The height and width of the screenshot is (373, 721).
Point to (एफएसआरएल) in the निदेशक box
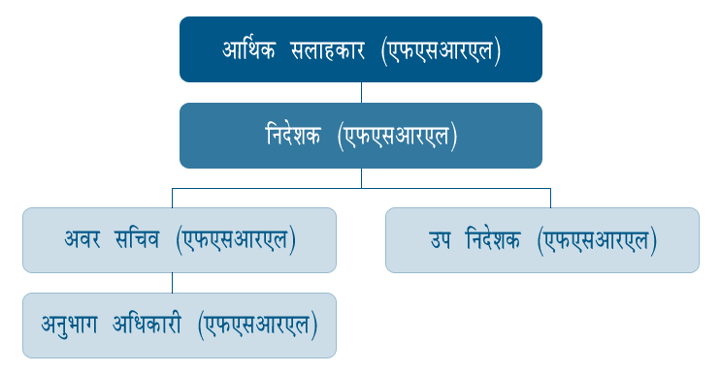tap(397, 137)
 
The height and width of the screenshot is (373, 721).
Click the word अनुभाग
tap(76, 326)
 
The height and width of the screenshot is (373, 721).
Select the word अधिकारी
tap(154, 326)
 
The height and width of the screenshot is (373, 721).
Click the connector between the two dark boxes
tap(361, 92)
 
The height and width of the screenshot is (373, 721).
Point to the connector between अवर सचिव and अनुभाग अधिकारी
tap(173, 282)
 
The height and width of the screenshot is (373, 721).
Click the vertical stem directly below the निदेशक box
tap(361, 177)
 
